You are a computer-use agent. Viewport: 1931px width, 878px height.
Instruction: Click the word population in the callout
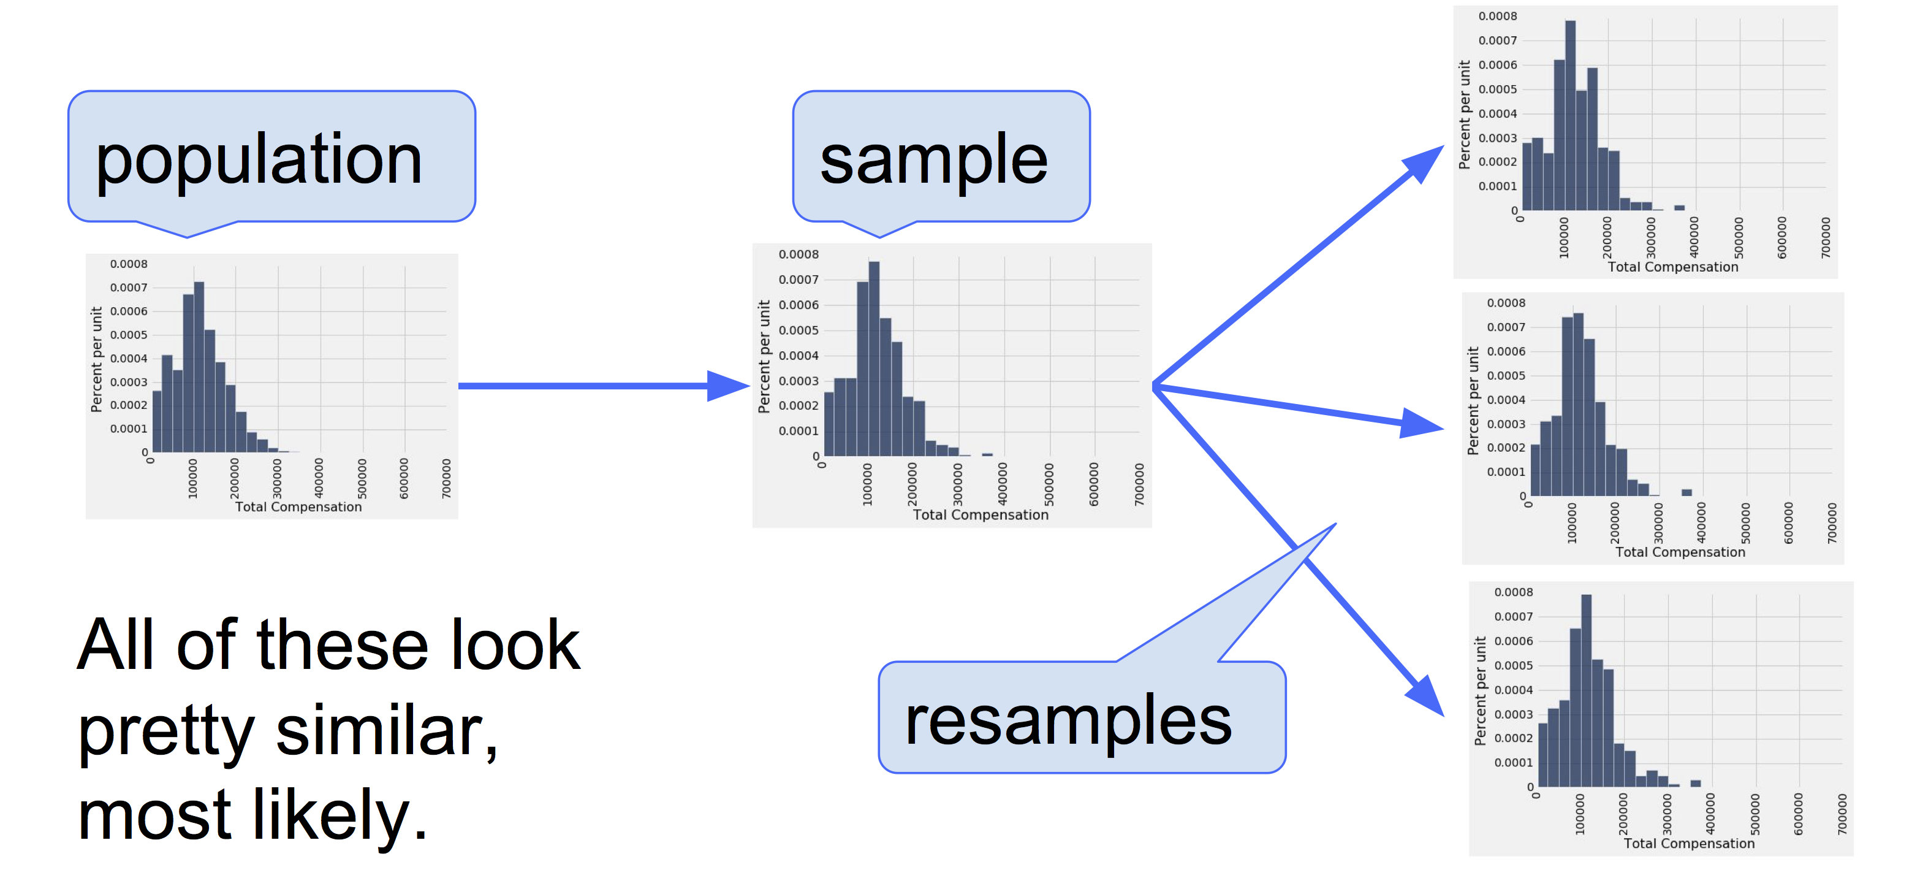click(259, 159)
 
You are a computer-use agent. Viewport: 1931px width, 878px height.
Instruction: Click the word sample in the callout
click(933, 159)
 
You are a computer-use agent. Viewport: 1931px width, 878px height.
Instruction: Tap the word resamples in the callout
click(1068, 720)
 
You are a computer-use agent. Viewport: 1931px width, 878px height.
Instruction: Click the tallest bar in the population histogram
click(199, 367)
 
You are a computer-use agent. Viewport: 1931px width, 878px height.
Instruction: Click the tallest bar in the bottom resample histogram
click(1586, 690)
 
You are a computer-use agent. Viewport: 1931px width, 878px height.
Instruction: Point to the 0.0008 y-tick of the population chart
click(129, 264)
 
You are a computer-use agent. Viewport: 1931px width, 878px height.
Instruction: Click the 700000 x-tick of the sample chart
click(1139, 484)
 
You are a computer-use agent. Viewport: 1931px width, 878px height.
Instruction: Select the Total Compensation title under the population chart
click(298, 507)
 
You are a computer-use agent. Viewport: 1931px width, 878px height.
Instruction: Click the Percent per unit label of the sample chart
click(764, 357)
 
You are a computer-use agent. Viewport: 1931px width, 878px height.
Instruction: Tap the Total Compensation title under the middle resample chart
click(1680, 552)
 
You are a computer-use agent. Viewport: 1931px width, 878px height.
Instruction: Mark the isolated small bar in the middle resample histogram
click(1686, 492)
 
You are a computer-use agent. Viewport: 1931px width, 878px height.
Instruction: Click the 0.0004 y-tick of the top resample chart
click(1497, 114)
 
